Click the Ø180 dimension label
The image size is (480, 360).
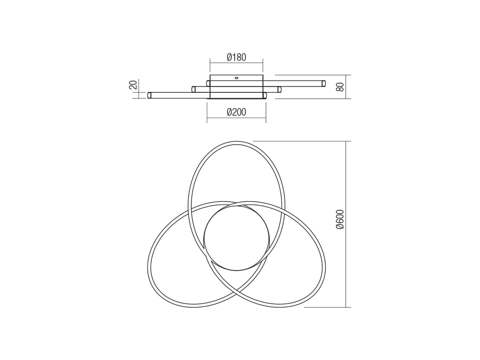pyautogui.click(x=236, y=57)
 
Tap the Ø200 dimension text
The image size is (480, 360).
pyautogui.click(x=236, y=112)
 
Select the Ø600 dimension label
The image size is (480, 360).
pyautogui.click(x=340, y=219)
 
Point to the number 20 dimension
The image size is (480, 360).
pyautogui.click(x=133, y=85)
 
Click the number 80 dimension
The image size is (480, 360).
pyautogui.click(x=340, y=87)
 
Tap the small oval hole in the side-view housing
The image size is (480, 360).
pyautogui.click(x=236, y=77)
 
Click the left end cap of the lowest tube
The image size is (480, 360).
pyautogui.click(x=149, y=95)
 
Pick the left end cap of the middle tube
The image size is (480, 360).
pyautogui.click(x=193, y=89)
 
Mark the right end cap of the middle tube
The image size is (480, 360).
pyautogui.click(x=279, y=89)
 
